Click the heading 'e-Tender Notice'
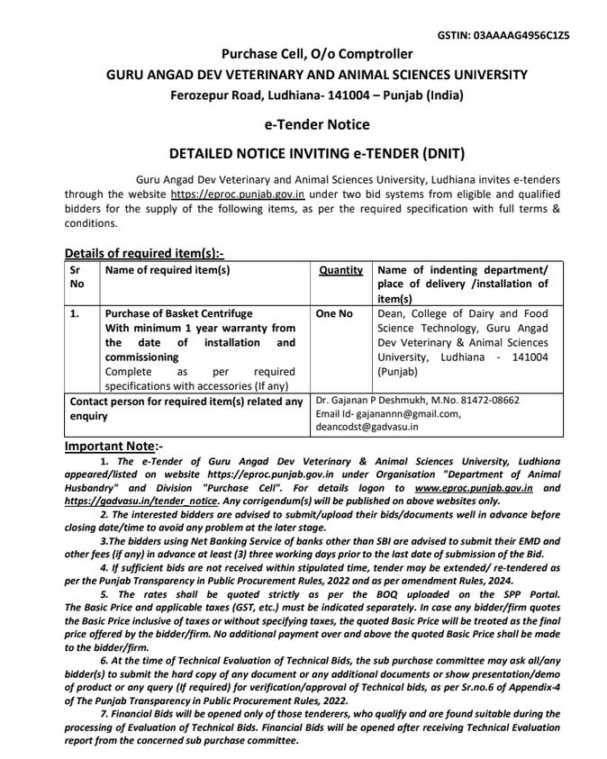click(x=303, y=124)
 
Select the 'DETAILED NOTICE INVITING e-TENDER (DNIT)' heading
click(x=303, y=154)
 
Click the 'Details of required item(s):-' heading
click(x=144, y=253)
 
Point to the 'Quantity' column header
click(x=341, y=270)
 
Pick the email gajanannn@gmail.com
click(x=401, y=413)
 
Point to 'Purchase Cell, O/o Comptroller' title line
click(x=303, y=54)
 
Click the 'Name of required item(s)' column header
click(x=168, y=270)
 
